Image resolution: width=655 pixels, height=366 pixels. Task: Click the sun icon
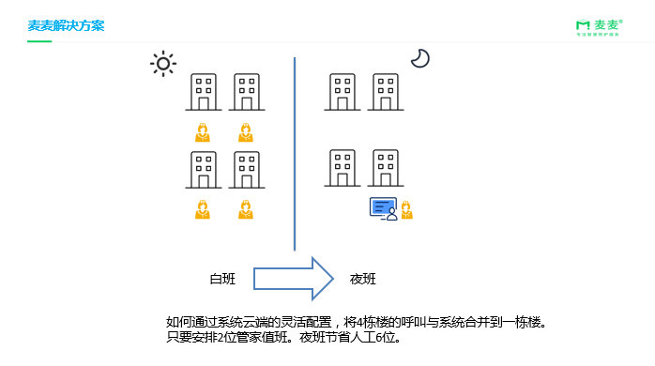point(163,64)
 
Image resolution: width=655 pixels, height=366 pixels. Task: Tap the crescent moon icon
point(419,58)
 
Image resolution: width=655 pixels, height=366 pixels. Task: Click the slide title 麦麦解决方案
point(66,25)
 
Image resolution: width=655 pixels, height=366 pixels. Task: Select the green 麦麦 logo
point(597,26)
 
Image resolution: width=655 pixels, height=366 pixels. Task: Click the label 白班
point(222,279)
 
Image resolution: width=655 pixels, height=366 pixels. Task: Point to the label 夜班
point(363,279)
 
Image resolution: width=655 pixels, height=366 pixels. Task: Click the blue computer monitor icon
point(383,207)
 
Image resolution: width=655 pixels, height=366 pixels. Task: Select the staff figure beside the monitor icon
point(406,210)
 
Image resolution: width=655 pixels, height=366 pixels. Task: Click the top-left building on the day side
point(203,93)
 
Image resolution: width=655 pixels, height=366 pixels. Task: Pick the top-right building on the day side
point(246,93)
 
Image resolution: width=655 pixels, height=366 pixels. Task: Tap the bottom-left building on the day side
point(203,170)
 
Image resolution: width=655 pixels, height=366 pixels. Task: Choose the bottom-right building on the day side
point(246,170)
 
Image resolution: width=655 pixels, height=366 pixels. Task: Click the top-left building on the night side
point(343,93)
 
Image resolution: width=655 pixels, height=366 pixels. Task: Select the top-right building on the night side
point(387,93)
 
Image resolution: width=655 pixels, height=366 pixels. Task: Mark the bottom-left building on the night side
point(343,168)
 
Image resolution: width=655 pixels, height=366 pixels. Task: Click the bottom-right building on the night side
point(387,168)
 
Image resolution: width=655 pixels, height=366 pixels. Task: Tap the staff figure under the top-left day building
point(202,132)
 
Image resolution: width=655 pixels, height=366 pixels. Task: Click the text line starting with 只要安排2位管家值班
point(283,337)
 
